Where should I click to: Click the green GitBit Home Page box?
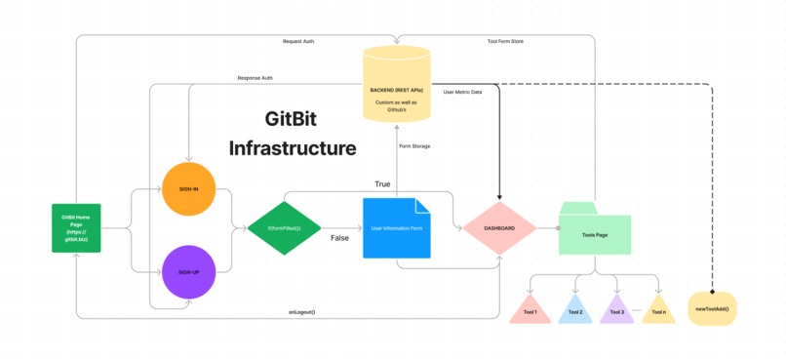(76, 228)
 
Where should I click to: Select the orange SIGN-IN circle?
(188, 189)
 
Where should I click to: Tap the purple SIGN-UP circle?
(188, 272)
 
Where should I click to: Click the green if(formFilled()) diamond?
(284, 228)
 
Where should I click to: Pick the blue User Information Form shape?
(396, 228)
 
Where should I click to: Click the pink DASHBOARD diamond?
(498, 228)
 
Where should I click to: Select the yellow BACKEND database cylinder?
(396, 84)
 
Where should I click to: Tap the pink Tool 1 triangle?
(531, 310)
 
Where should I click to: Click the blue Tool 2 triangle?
(575, 310)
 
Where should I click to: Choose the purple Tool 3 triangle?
(616, 310)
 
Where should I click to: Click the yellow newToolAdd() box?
(712, 308)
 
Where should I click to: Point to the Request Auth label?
(297, 41)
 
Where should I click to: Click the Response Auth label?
(255, 78)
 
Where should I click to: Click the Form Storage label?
(414, 145)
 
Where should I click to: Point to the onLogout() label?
(301, 311)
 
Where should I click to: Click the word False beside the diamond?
(339, 237)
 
